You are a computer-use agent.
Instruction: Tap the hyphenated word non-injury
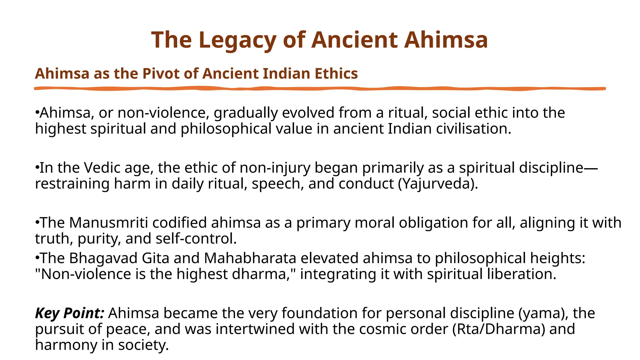pos(275,168)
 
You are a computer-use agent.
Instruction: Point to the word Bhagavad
pos(103,258)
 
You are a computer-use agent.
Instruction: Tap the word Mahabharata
pos(250,258)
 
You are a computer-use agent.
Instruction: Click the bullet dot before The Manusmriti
pos(37,223)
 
